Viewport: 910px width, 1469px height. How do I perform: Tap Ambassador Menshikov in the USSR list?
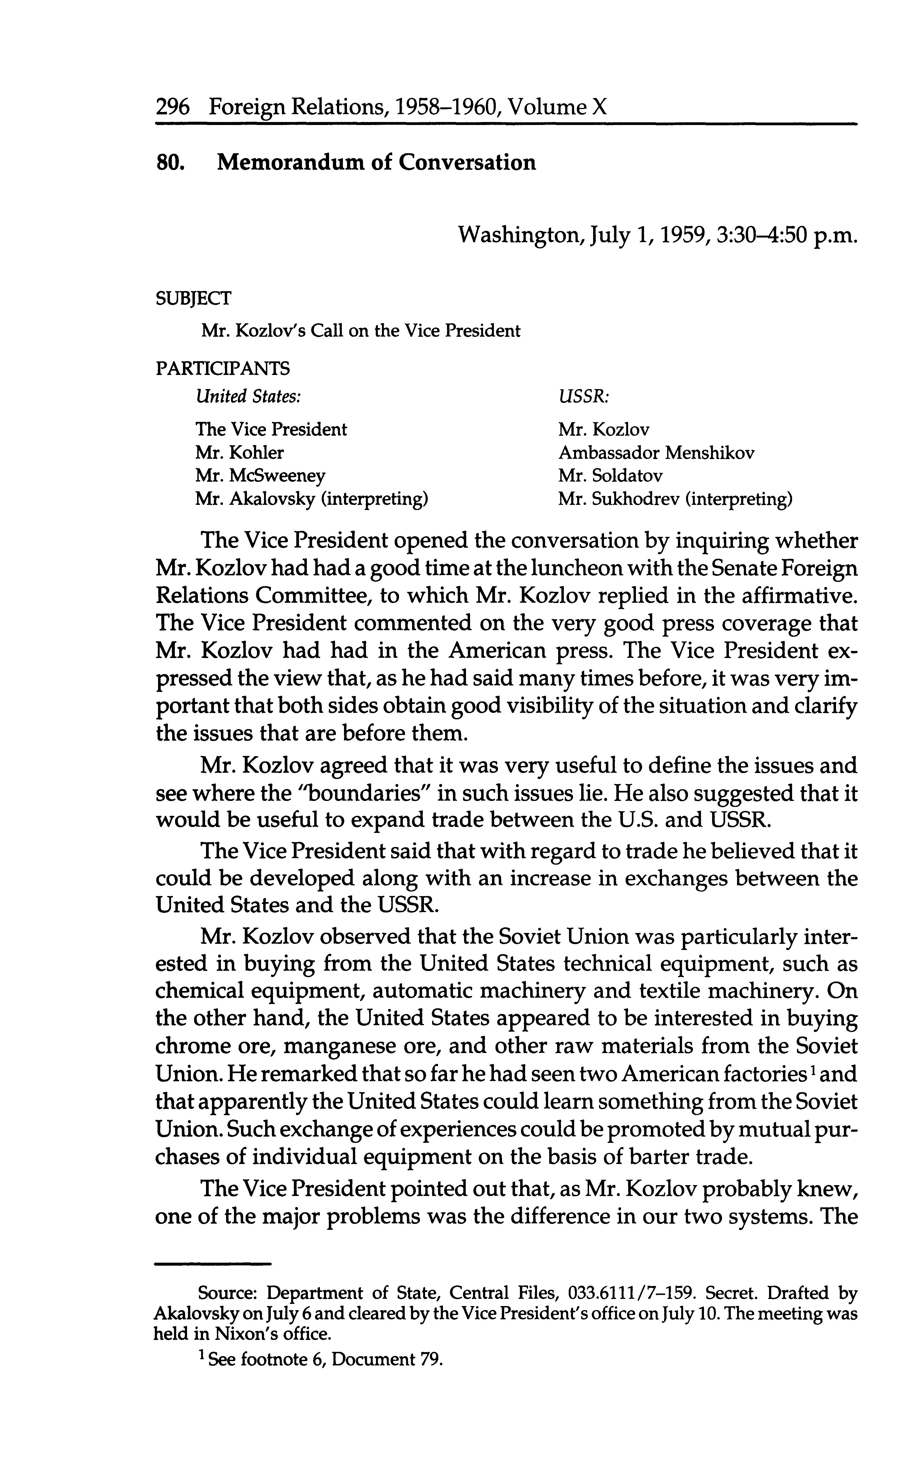[x=656, y=453]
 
